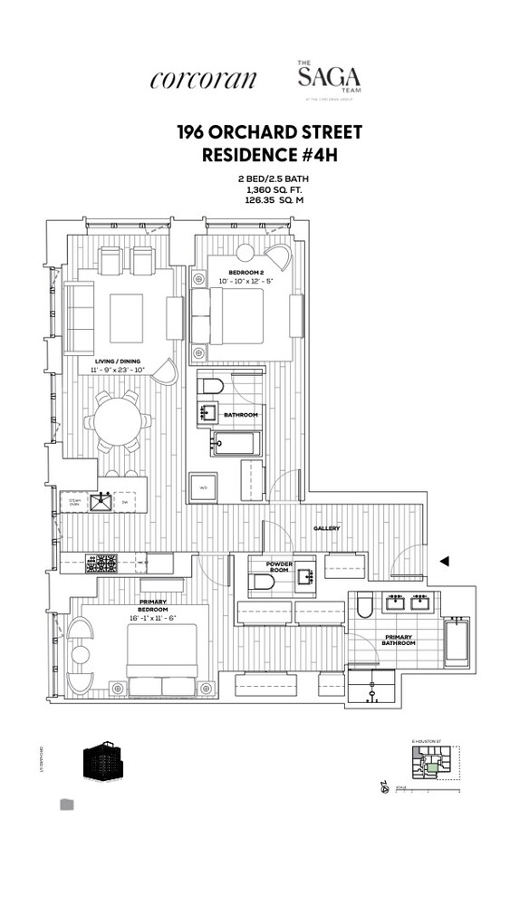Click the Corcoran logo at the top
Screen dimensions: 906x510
point(203,79)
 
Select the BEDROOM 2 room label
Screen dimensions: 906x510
point(245,272)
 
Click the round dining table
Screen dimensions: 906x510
point(118,421)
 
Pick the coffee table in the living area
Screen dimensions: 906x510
point(126,317)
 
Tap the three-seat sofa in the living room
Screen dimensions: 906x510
point(80,317)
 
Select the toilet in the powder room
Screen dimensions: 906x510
point(262,583)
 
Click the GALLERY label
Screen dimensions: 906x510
point(326,528)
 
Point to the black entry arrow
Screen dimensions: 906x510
point(444,562)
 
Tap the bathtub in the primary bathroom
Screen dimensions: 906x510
point(456,642)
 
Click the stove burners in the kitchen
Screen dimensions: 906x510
point(101,564)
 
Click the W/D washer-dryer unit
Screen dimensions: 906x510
point(202,487)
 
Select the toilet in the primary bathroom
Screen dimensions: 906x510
point(364,604)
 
